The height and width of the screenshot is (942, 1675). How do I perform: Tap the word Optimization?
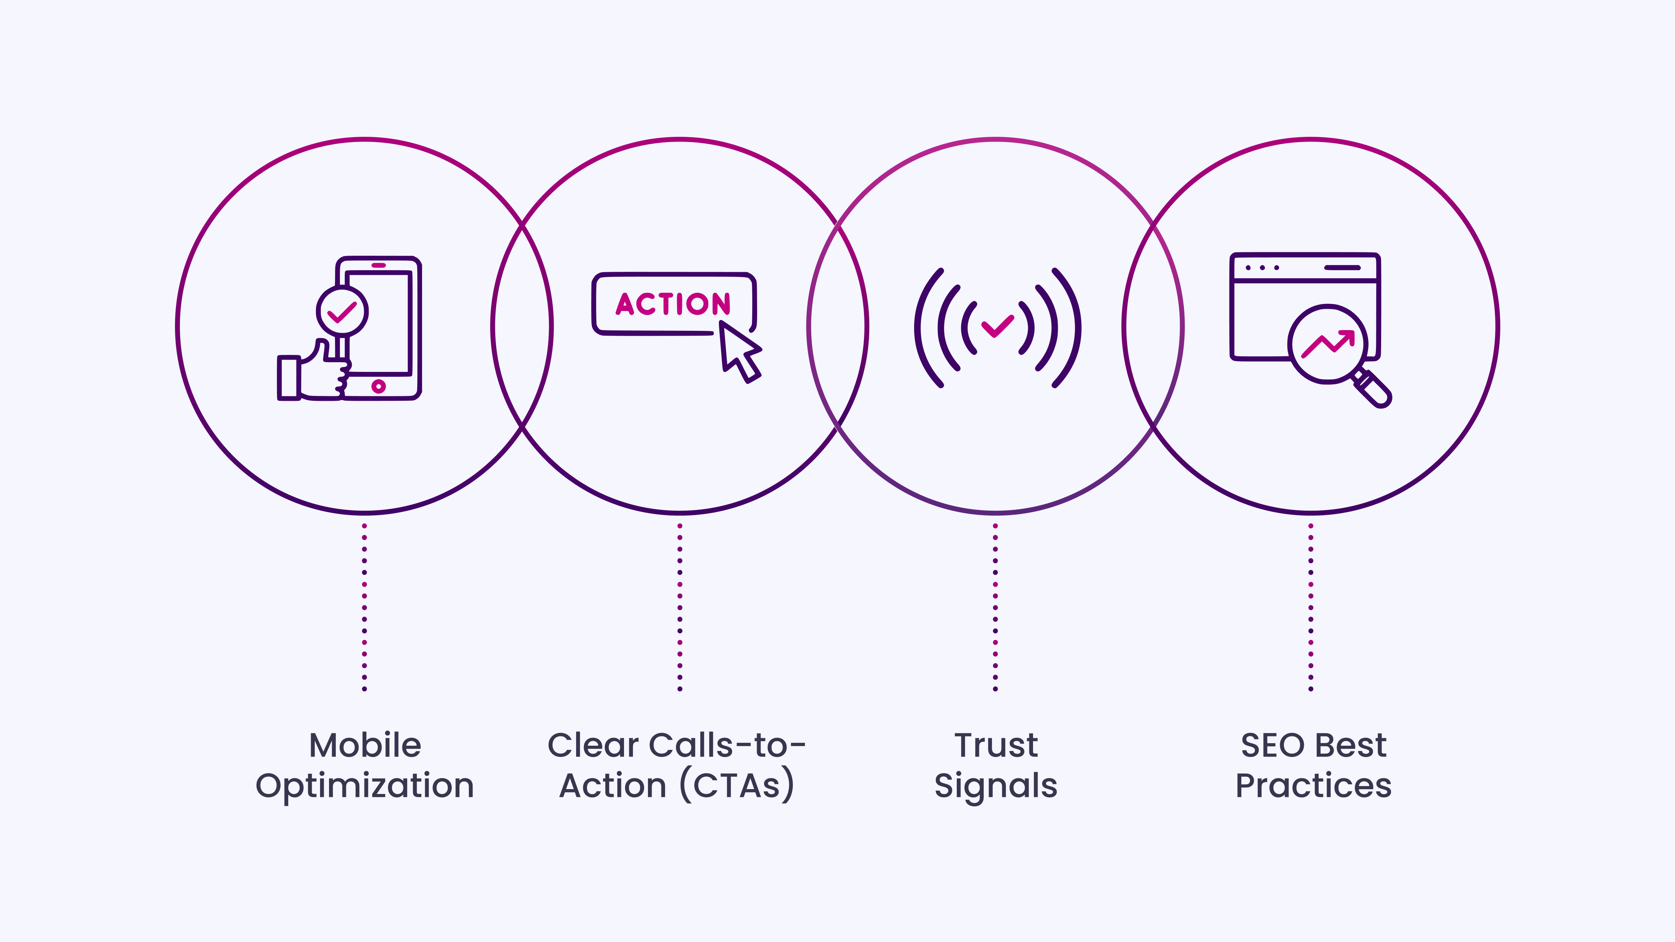365,786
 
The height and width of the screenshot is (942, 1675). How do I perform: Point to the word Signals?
996,786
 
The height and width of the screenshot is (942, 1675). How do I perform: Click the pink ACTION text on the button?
673,304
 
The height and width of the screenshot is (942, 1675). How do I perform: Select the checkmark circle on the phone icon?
342,311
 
